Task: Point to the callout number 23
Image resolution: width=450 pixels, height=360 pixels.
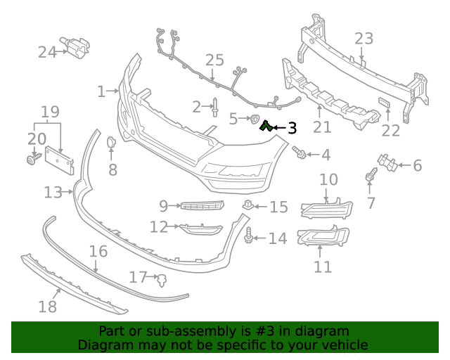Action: click(364, 38)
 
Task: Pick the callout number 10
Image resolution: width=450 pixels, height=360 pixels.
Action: click(328, 180)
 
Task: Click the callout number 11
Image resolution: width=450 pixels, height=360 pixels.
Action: click(323, 266)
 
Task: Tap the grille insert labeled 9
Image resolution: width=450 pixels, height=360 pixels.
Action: click(201, 205)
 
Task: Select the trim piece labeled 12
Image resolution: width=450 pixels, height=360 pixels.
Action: click(200, 229)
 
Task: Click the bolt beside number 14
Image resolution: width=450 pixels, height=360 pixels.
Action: click(250, 238)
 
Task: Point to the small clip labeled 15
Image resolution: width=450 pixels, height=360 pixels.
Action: click(249, 205)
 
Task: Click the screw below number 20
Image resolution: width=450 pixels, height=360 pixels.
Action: click(32, 161)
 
